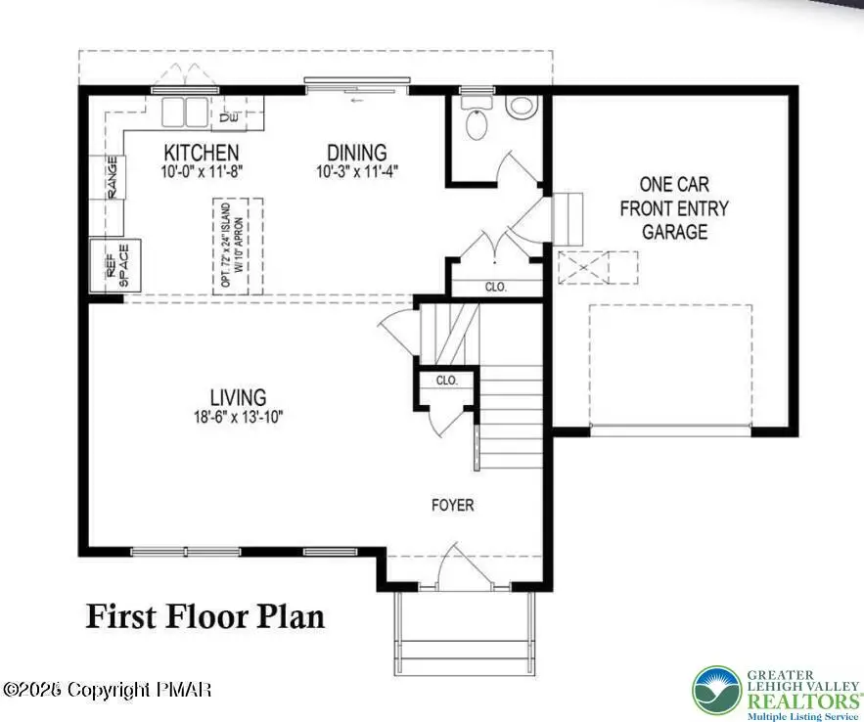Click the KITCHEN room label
coord(201,153)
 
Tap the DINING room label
coord(356,153)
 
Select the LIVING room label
coord(238,397)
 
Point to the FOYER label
coord(453,506)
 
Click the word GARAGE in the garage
coord(674,232)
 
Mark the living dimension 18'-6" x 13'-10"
coord(238,416)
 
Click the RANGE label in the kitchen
coord(112,177)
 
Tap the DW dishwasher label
coord(229,117)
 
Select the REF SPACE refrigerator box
coord(115,265)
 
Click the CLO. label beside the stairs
coord(447,380)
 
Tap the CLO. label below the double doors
coord(495,288)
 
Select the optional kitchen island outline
coord(239,245)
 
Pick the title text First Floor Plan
coord(205,617)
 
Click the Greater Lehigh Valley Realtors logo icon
coord(718,691)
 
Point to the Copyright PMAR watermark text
coord(107,691)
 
